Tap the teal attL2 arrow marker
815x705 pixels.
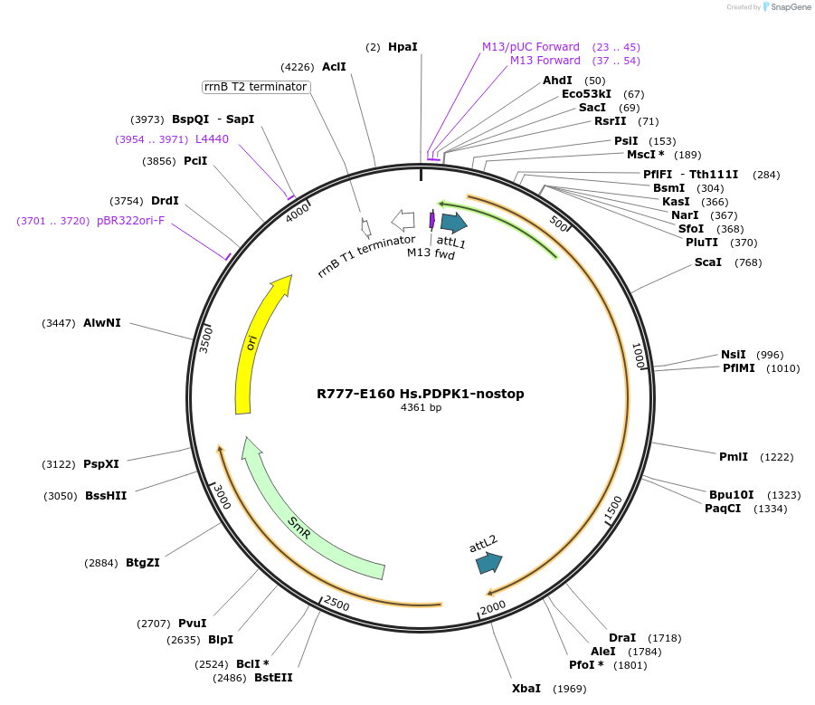coord(488,563)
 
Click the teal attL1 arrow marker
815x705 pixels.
coord(453,223)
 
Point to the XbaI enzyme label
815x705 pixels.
coord(526,689)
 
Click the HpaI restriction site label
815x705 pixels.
coord(403,46)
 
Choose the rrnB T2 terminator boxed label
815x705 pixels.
coord(256,87)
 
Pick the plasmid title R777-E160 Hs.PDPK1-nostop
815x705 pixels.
coord(421,394)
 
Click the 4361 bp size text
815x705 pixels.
coord(421,408)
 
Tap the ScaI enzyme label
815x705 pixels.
coord(708,262)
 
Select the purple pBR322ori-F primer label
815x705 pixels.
coord(131,221)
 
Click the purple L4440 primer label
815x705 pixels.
coord(213,139)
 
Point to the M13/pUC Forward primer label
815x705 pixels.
coord(531,47)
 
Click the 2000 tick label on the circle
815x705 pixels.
coord(493,606)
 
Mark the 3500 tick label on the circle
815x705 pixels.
coord(206,339)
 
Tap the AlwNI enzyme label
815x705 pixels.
coord(102,323)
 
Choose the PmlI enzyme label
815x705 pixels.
coord(734,457)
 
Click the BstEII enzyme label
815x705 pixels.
coord(273,678)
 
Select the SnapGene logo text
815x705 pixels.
coord(787,7)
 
